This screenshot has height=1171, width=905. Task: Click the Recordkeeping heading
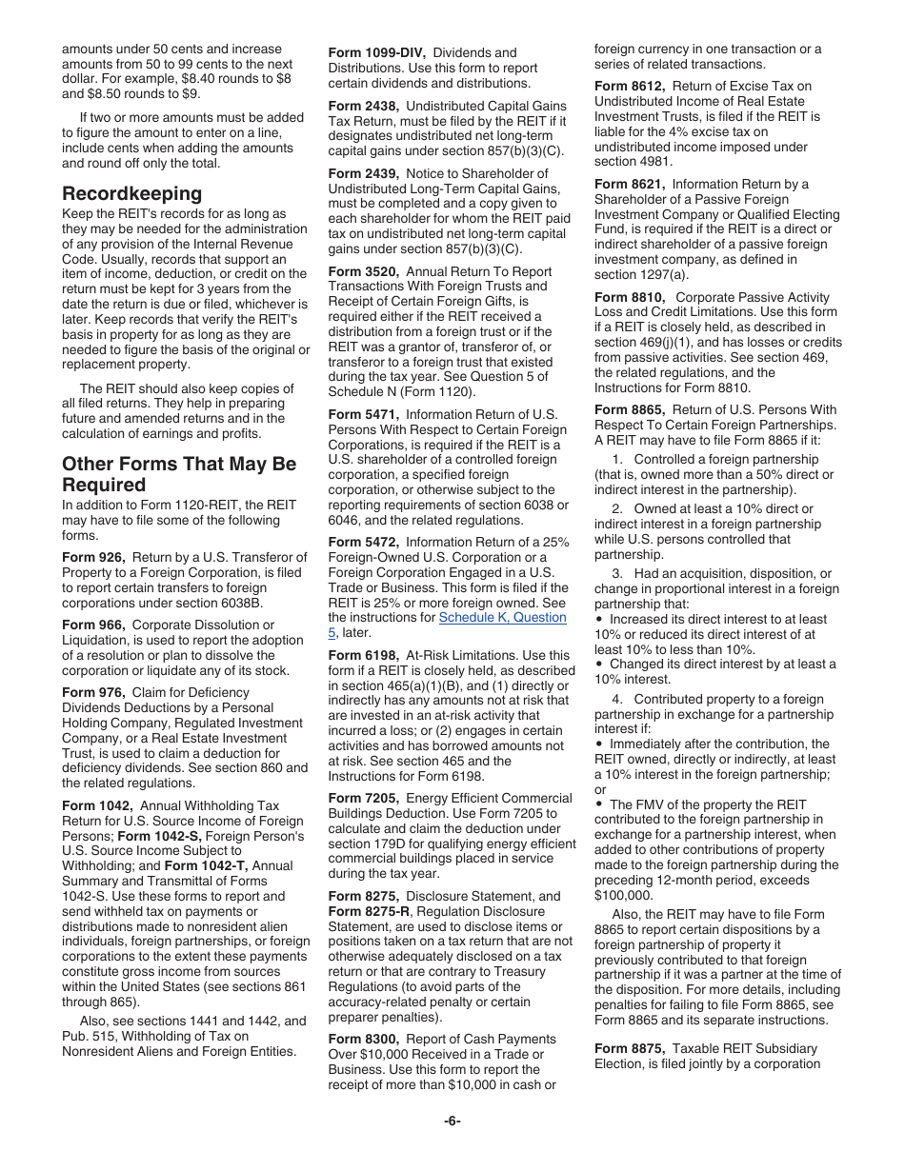click(131, 193)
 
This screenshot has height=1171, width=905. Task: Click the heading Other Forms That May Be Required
click(178, 474)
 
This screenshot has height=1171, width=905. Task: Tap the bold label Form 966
click(93, 625)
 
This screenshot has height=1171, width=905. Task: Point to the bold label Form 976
click(93, 692)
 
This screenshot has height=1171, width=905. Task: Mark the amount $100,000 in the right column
click(623, 895)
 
